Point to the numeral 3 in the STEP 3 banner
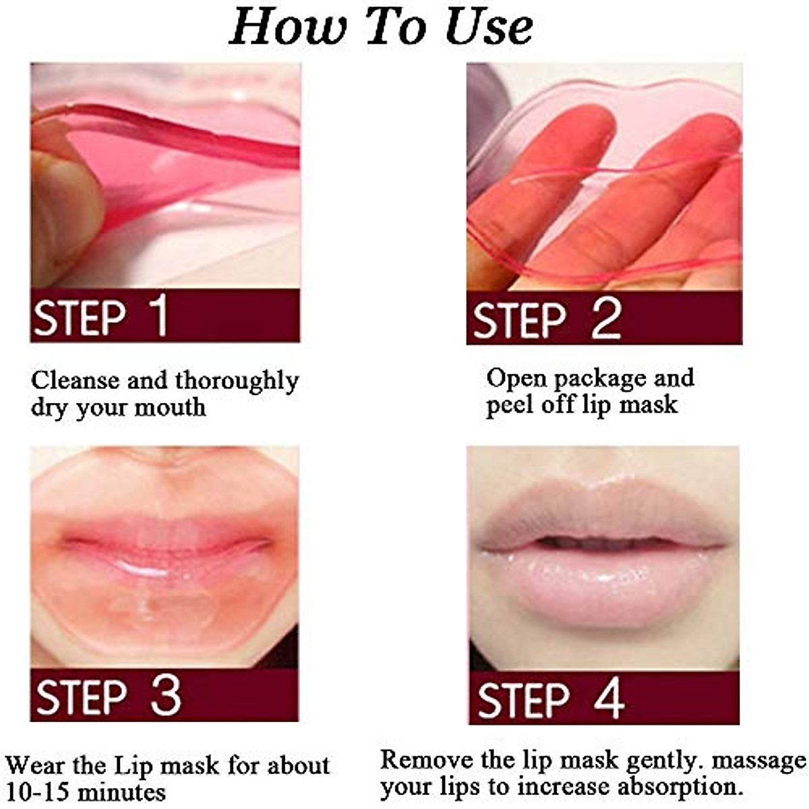point(166,696)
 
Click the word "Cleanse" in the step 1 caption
point(75,380)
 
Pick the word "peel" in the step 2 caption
point(510,405)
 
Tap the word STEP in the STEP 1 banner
point(80,318)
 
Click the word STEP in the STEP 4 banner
point(523,700)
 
